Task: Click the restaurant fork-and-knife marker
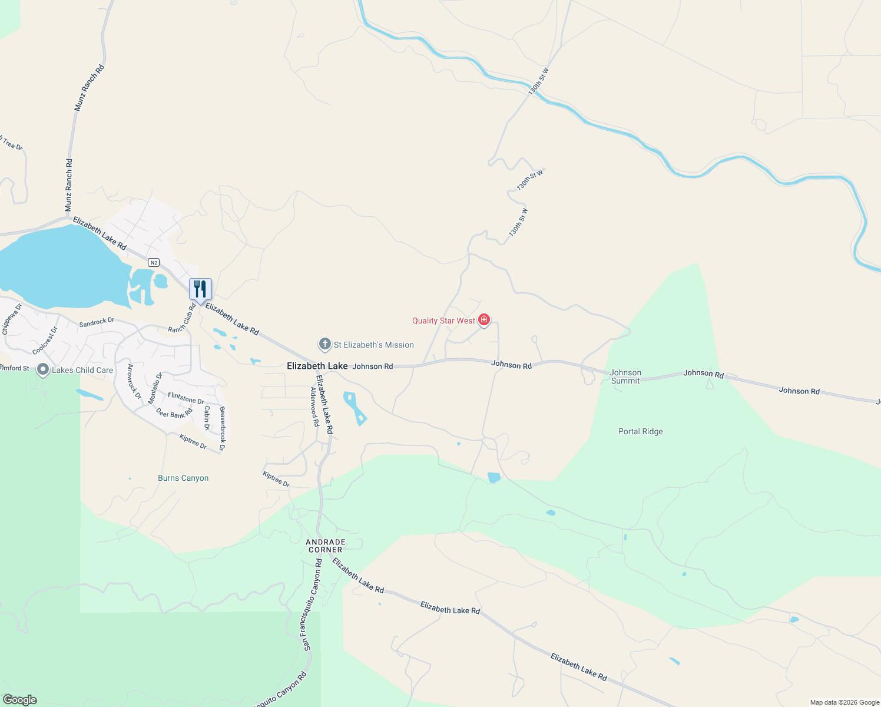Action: [x=200, y=289]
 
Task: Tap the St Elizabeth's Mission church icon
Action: [x=324, y=345]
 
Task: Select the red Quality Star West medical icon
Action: [x=484, y=320]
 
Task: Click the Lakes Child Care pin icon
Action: [x=43, y=370]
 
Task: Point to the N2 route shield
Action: [x=154, y=263]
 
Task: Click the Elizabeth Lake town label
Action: [x=317, y=366]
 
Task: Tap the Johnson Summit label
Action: [x=625, y=376]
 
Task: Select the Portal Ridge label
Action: [x=640, y=431]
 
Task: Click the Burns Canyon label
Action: [x=183, y=478]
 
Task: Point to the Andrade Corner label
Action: [x=325, y=546]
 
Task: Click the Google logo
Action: [x=20, y=700]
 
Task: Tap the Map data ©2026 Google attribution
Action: [x=844, y=702]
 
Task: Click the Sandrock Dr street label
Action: [x=97, y=322]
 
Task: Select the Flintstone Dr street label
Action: [x=186, y=398]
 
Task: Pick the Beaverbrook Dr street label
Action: [x=222, y=428]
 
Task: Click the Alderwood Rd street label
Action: [x=314, y=406]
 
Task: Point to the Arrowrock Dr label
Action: [x=134, y=381]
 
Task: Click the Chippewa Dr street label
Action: [x=12, y=319]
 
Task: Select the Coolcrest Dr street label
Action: [x=45, y=341]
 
